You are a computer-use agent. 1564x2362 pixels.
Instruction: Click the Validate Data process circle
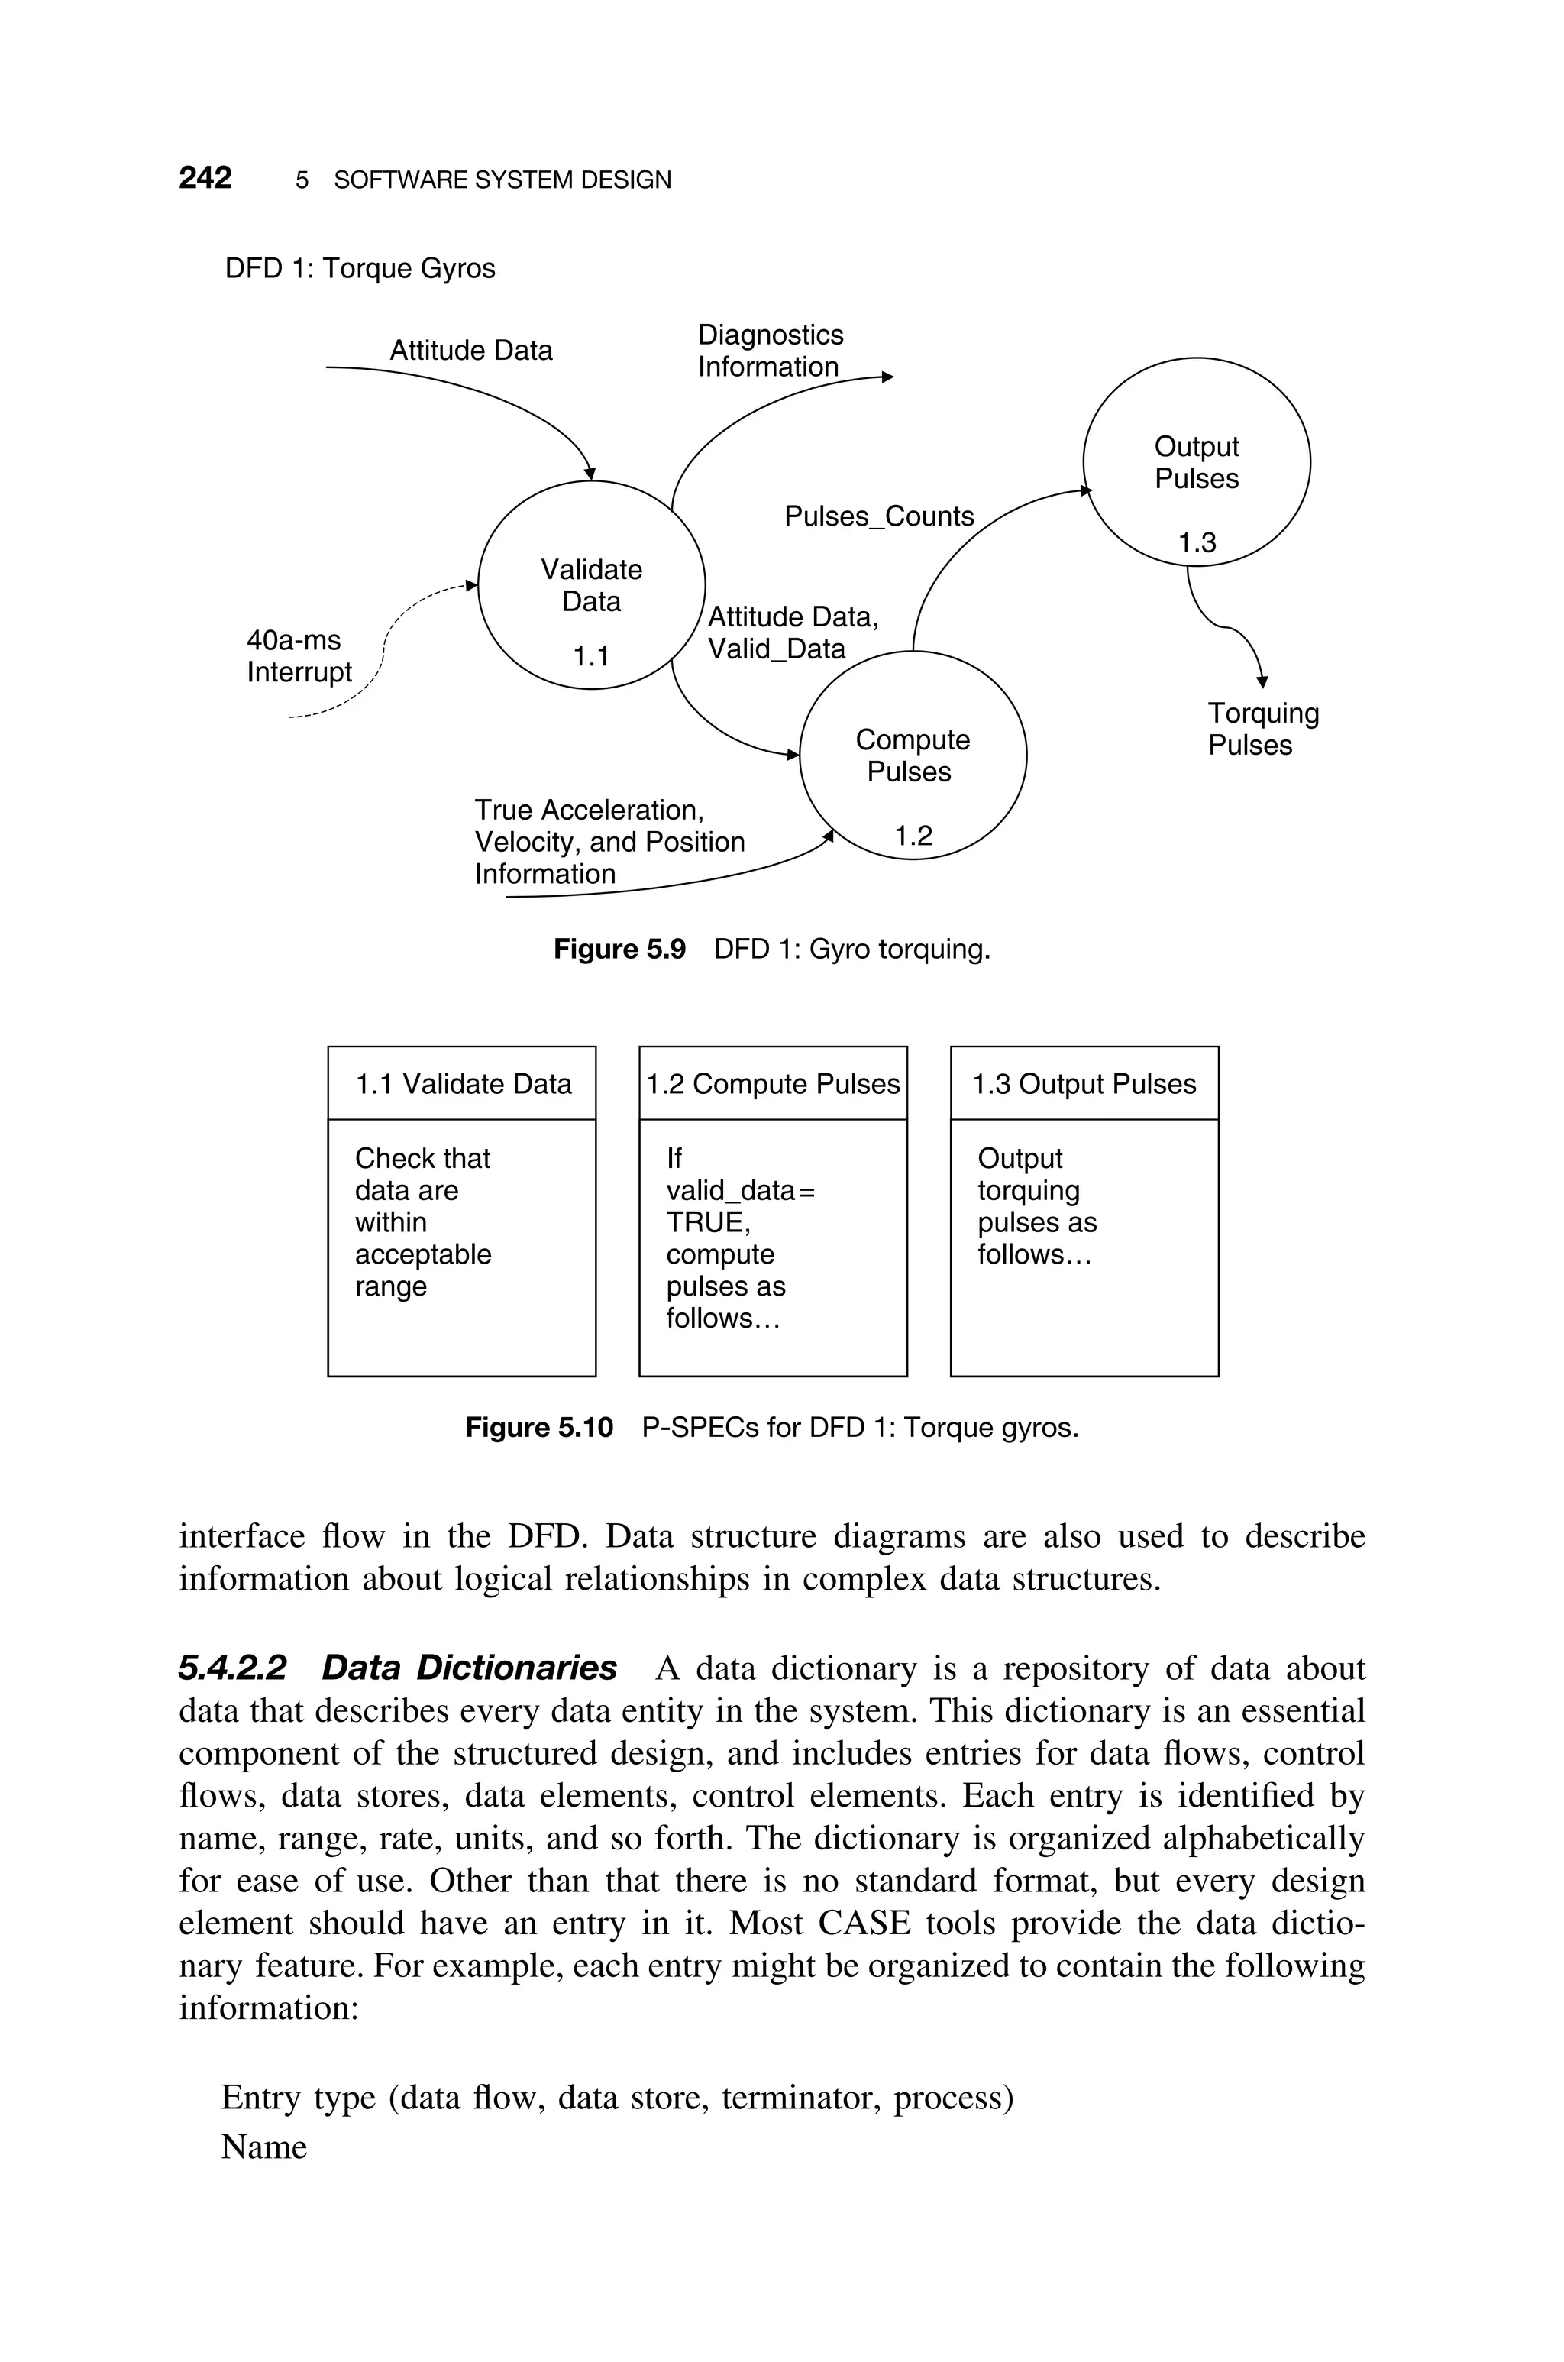[x=592, y=585]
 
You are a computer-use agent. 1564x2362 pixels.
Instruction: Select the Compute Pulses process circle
[x=913, y=755]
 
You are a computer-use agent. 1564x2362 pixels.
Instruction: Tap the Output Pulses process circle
[x=1196, y=462]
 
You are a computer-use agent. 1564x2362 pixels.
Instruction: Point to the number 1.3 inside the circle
[x=1197, y=542]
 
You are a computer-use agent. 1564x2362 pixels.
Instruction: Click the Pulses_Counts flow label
[x=879, y=516]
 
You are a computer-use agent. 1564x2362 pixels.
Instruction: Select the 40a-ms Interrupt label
[x=299, y=656]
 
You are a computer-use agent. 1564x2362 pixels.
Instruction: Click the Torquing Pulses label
[x=1263, y=729]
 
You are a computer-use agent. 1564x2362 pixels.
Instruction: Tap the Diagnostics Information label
[x=770, y=351]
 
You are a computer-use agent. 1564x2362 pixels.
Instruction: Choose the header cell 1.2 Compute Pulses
[x=773, y=1084]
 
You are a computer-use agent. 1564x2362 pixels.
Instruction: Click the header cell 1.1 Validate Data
[x=463, y=1084]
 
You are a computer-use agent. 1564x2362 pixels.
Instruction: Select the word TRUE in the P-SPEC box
[x=707, y=1223]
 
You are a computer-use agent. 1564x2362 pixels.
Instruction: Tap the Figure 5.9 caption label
[x=619, y=950]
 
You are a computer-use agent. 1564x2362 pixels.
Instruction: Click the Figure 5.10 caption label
[x=538, y=1429]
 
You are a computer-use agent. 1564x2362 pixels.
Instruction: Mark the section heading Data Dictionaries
[x=469, y=1668]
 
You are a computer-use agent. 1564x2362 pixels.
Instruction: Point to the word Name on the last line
[x=264, y=2147]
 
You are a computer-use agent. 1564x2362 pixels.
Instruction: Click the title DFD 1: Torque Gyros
[x=360, y=268]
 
